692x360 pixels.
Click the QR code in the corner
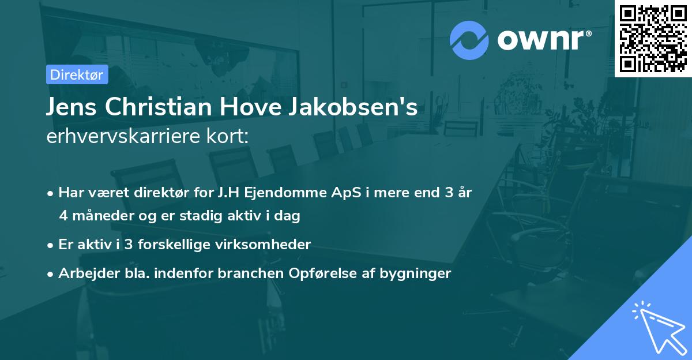pos(653,39)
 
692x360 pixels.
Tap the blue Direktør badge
pos(77,74)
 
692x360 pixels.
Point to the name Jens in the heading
pos(70,108)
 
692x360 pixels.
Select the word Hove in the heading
pos(262,108)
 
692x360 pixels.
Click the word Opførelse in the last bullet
pos(314,273)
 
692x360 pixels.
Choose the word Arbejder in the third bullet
pos(85,273)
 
